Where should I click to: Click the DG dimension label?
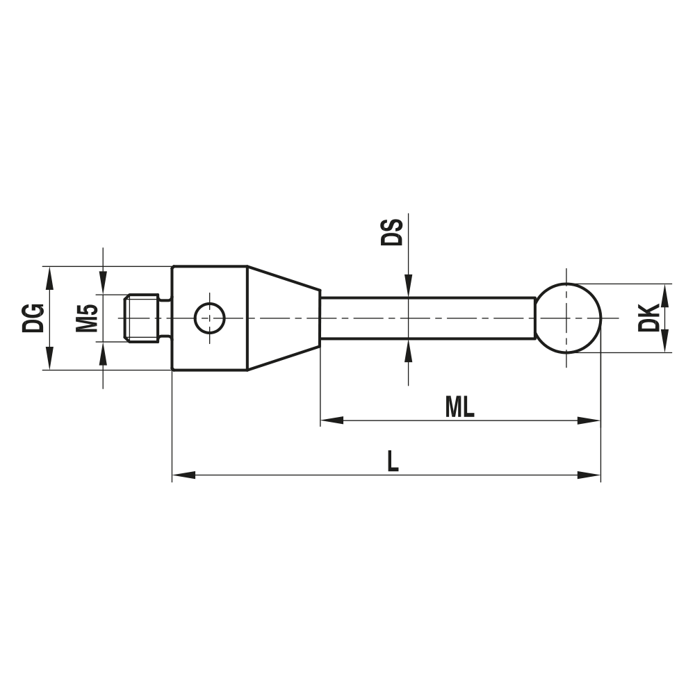point(33,318)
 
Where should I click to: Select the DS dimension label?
point(392,232)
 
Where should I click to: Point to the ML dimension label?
point(459,408)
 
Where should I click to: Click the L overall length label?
point(393,461)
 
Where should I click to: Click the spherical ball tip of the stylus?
point(568,318)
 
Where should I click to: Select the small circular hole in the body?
point(209,318)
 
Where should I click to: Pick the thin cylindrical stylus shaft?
point(427,318)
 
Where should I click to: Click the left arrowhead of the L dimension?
point(182,475)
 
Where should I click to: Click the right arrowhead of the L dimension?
point(589,475)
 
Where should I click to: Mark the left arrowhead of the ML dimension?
point(331,420)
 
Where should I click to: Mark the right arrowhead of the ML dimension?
point(589,420)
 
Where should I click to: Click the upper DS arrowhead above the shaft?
point(408,286)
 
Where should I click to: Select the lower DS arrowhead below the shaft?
point(408,351)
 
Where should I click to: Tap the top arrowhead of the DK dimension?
point(665,294)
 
